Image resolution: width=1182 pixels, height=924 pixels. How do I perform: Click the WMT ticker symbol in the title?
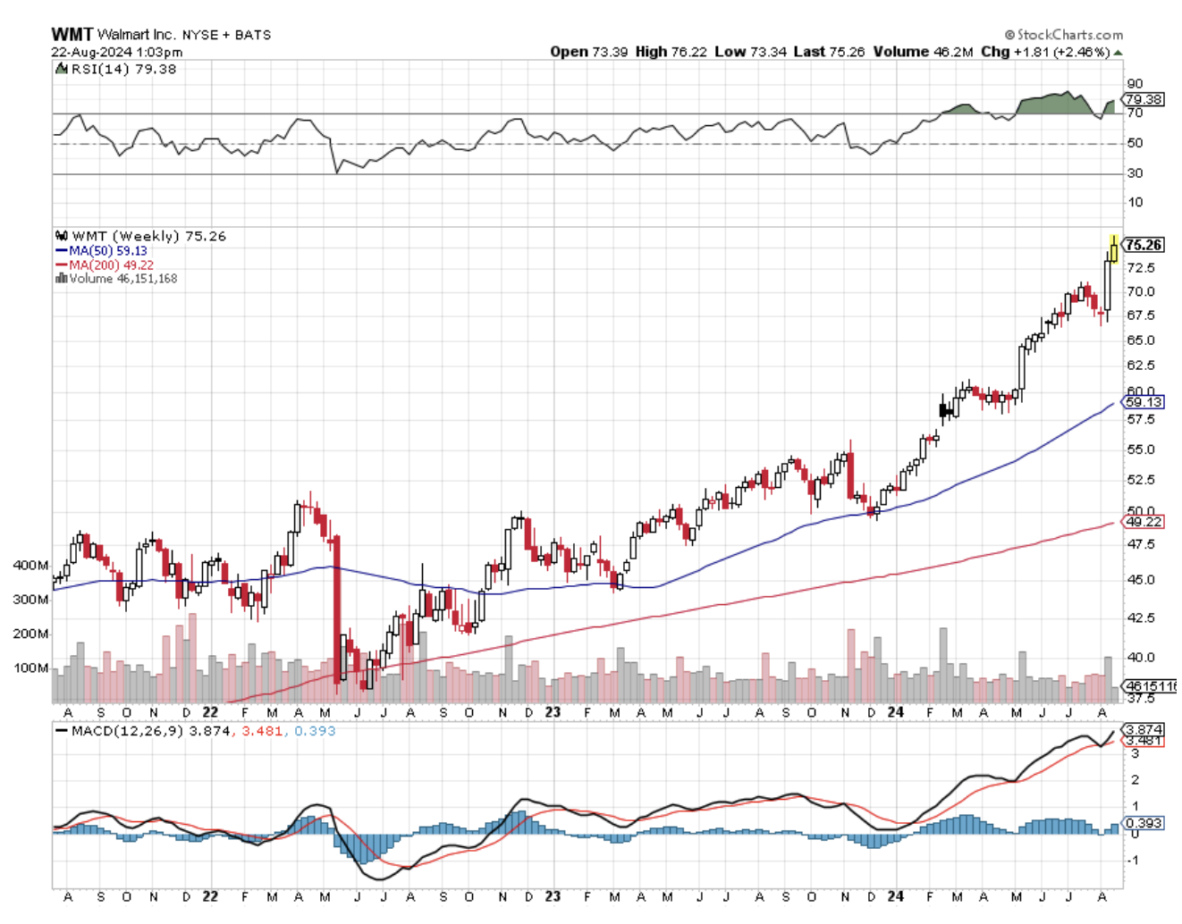click(x=72, y=34)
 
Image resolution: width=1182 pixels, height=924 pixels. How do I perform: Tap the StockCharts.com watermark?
click(x=1064, y=35)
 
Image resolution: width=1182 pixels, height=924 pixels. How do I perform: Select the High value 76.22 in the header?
click(x=689, y=52)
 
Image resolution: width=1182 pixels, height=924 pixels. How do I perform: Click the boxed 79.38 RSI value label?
click(x=1144, y=99)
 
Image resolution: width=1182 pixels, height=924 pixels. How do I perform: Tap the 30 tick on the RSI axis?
click(x=1135, y=173)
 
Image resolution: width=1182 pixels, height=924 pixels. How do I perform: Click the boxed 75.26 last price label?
click(x=1144, y=245)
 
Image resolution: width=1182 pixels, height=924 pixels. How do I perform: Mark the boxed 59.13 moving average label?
click(x=1144, y=402)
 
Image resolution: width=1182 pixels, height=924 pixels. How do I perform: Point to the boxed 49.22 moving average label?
click(x=1144, y=522)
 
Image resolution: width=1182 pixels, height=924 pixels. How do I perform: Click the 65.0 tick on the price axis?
click(x=1140, y=340)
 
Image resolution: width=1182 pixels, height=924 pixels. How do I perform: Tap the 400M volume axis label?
click(x=30, y=566)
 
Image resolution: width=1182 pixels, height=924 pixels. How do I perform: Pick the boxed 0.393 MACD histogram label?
click(x=1144, y=823)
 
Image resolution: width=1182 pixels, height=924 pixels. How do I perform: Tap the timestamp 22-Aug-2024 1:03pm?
click(x=116, y=52)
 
